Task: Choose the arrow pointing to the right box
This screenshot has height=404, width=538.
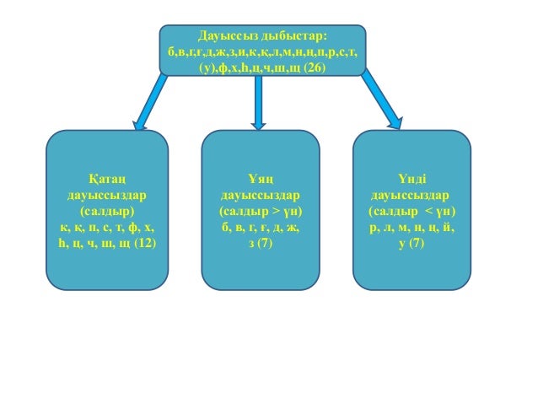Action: [383, 100]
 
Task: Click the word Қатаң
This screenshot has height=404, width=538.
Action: [107, 179]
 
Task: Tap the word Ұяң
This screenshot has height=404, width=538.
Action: [260, 179]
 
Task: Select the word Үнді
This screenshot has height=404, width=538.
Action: [412, 179]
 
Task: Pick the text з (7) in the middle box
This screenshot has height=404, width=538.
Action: [260, 243]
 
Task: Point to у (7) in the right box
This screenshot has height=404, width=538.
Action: [412, 243]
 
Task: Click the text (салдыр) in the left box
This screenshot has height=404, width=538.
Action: [107, 211]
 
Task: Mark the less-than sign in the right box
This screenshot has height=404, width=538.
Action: [428, 211]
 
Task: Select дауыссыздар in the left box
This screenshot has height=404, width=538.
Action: [107, 195]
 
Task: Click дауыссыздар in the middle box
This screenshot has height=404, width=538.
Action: [260, 195]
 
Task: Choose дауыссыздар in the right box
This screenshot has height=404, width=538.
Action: [412, 195]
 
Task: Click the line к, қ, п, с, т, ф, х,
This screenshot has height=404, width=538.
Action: [107, 227]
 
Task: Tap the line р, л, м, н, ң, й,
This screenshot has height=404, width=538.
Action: [412, 227]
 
